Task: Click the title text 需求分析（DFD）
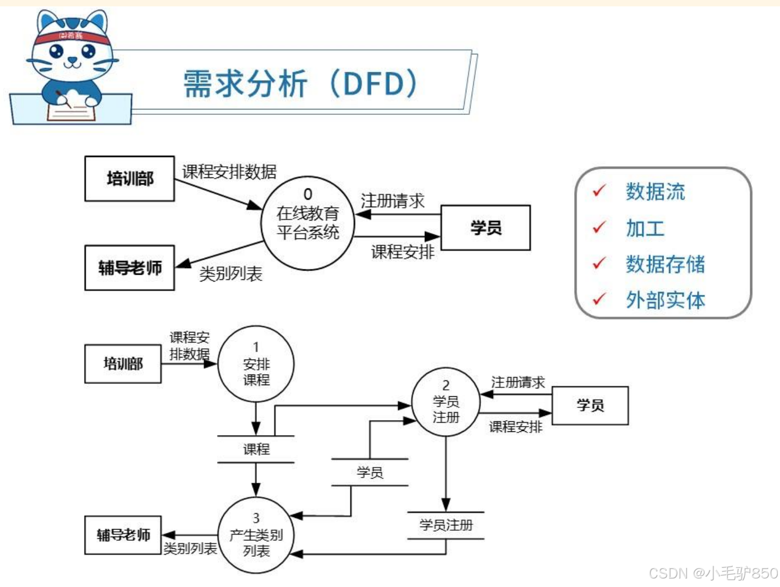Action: pos(300,84)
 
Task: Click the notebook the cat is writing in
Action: pos(72,112)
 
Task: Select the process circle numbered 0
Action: pos(307,223)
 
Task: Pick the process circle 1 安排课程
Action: pos(256,364)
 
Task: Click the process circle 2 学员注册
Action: pos(446,402)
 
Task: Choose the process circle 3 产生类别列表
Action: pos(256,535)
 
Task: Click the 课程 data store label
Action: pos(256,449)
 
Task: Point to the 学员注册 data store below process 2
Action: pos(446,525)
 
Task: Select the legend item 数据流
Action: pos(655,192)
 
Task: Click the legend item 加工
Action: pos(645,228)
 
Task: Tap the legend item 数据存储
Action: pos(665,264)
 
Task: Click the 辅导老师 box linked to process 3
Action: pos(123,535)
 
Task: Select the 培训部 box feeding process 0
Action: pos(129,178)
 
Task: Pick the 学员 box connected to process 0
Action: pos(485,228)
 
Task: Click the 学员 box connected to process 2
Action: pos(590,405)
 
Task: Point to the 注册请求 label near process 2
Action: pos(517,382)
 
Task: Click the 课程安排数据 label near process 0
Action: pos(229,172)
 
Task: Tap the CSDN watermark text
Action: pos(713,573)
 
